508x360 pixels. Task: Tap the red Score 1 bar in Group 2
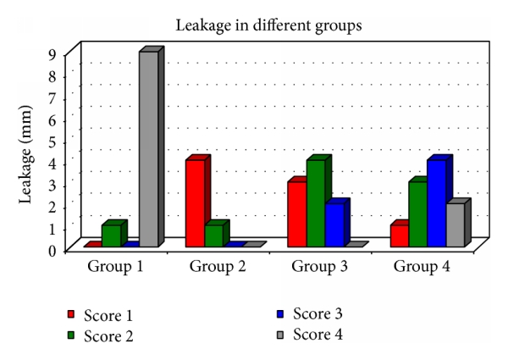click(195, 203)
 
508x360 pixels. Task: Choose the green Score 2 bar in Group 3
click(316, 203)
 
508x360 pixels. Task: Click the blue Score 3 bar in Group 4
click(437, 203)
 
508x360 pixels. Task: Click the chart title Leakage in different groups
click(268, 25)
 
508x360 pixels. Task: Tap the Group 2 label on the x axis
click(218, 267)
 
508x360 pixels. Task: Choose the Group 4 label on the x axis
click(422, 267)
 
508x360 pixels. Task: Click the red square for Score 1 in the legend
click(72, 316)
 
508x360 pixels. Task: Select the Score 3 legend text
click(317, 313)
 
